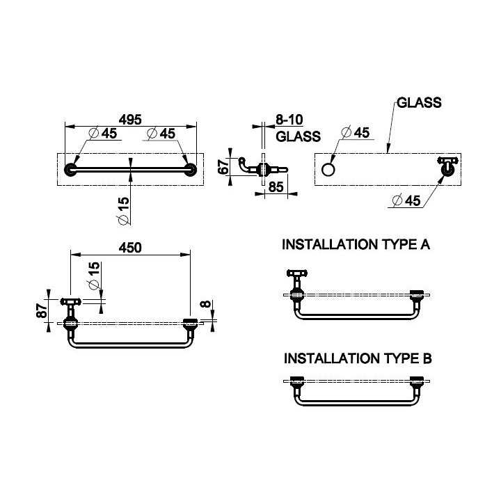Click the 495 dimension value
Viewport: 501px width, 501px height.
130,120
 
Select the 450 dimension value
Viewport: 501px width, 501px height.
130,248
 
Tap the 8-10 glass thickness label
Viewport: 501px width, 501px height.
289,120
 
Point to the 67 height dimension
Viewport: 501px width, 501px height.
223,166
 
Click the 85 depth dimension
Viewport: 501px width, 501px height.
276,187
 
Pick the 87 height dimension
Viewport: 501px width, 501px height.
42,310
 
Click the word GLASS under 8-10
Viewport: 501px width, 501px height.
298,137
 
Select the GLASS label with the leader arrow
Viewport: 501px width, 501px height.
419,102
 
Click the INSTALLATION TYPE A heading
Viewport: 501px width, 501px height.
356,244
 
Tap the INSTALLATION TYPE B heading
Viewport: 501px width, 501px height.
358,358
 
